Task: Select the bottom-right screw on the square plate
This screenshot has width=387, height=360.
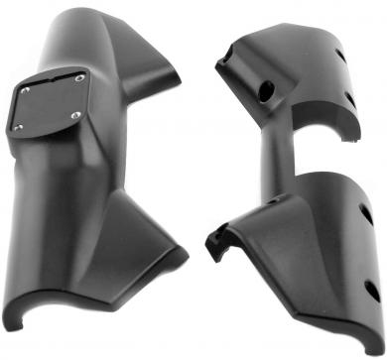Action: pyautogui.click(x=75, y=117)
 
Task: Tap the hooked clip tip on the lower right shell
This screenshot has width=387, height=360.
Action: pyautogui.click(x=214, y=238)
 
